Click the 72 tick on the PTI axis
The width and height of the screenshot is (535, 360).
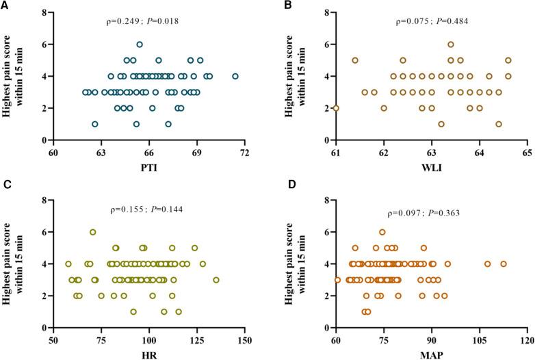245,153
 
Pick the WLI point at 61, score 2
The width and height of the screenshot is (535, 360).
335,108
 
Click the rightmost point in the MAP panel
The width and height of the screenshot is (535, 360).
504,263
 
